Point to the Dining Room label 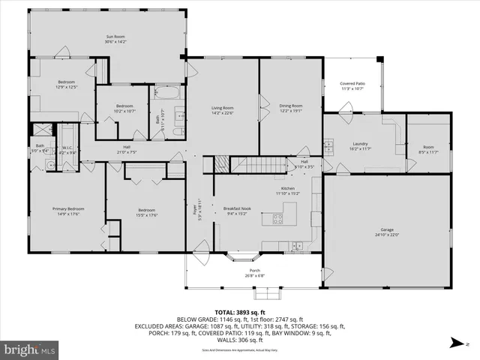[x=291, y=106]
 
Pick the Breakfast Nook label [x=236, y=208]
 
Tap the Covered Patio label [x=352, y=83]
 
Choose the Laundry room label [x=359, y=143]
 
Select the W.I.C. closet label [x=67, y=147]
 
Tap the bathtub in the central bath [x=166, y=94]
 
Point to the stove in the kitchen [x=277, y=219]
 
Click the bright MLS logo [x=29, y=349]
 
